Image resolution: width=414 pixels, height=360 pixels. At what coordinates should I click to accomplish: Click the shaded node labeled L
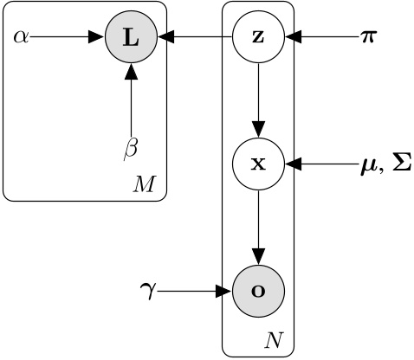[130, 38]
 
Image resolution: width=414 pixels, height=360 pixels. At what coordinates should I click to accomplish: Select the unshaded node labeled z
[258, 38]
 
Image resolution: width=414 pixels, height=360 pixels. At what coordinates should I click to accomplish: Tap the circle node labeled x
[258, 164]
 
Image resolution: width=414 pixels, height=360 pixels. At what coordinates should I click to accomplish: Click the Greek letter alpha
[22, 38]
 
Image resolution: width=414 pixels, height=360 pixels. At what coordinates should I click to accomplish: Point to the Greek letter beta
[131, 149]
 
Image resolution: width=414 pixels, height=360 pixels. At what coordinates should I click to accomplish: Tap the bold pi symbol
[368, 38]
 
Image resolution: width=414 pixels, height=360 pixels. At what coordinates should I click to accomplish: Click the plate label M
[143, 184]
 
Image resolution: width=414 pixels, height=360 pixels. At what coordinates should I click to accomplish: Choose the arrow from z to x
[258, 100]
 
